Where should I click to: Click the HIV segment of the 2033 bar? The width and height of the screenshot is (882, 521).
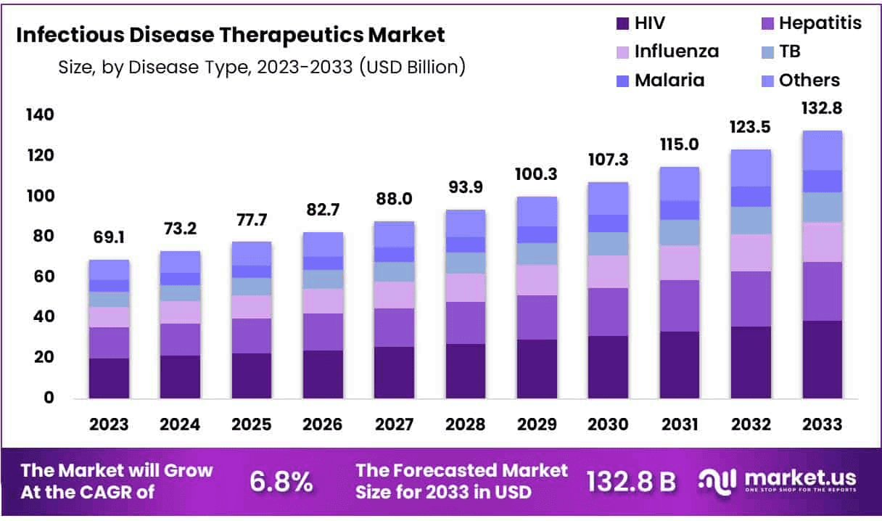[x=822, y=359]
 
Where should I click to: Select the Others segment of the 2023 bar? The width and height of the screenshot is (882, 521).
[x=109, y=270]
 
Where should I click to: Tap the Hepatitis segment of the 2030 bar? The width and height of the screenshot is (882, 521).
[x=608, y=312]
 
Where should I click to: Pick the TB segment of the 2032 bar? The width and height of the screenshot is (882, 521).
[x=751, y=221]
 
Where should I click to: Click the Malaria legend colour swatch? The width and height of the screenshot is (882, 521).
[x=621, y=81]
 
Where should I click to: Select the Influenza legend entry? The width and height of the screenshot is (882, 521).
[x=667, y=52]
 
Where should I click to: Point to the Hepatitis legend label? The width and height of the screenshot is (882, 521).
[x=820, y=23]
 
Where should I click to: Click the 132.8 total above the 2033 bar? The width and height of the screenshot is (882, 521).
[x=822, y=109]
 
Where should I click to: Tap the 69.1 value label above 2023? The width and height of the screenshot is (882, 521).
[x=109, y=238]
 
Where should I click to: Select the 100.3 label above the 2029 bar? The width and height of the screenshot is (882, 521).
[x=537, y=176]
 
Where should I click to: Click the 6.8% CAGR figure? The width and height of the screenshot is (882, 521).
[x=281, y=481]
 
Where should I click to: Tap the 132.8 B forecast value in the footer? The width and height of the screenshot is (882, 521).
[x=630, y=481]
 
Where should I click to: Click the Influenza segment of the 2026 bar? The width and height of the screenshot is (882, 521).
[x=323, y=301]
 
